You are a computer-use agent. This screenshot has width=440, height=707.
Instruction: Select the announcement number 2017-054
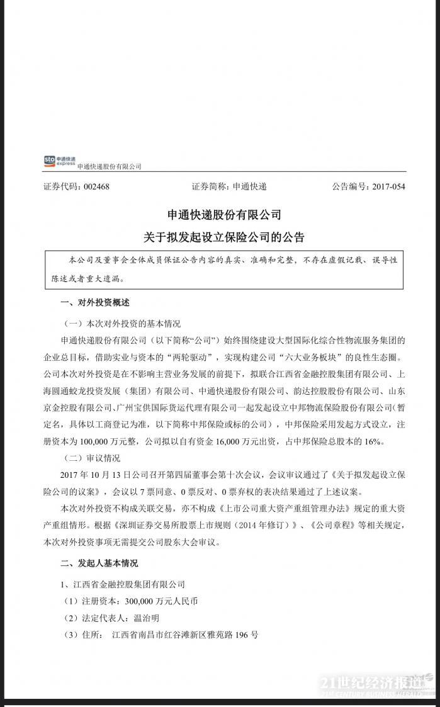point(388,187)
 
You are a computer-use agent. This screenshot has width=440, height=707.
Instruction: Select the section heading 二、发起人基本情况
point(99,563)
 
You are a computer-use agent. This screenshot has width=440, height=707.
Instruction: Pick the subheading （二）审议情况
point(92,458)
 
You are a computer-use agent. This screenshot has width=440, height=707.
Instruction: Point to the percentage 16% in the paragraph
point(371,443)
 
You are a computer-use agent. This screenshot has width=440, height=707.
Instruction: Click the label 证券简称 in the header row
point(210,187)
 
